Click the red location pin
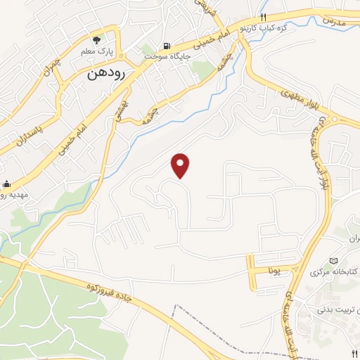pyautogui.click(x=181, y=165)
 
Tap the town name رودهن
pyautogui.click(x=106, y=73)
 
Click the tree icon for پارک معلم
pyautogui.click(x=97, y=40)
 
